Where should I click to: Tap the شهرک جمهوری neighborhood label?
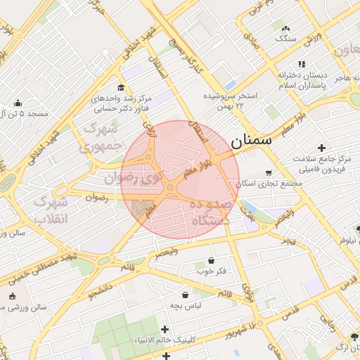103,137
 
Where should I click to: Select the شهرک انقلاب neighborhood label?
51,209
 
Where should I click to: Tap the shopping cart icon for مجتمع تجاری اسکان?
269,173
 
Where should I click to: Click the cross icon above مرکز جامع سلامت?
321,148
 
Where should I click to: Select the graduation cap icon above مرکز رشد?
121,88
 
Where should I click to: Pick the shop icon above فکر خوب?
212,259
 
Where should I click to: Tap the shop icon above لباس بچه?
185,295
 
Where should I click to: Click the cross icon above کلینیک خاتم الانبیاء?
165,329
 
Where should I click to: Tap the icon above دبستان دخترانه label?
302,64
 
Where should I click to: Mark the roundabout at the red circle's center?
170,187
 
